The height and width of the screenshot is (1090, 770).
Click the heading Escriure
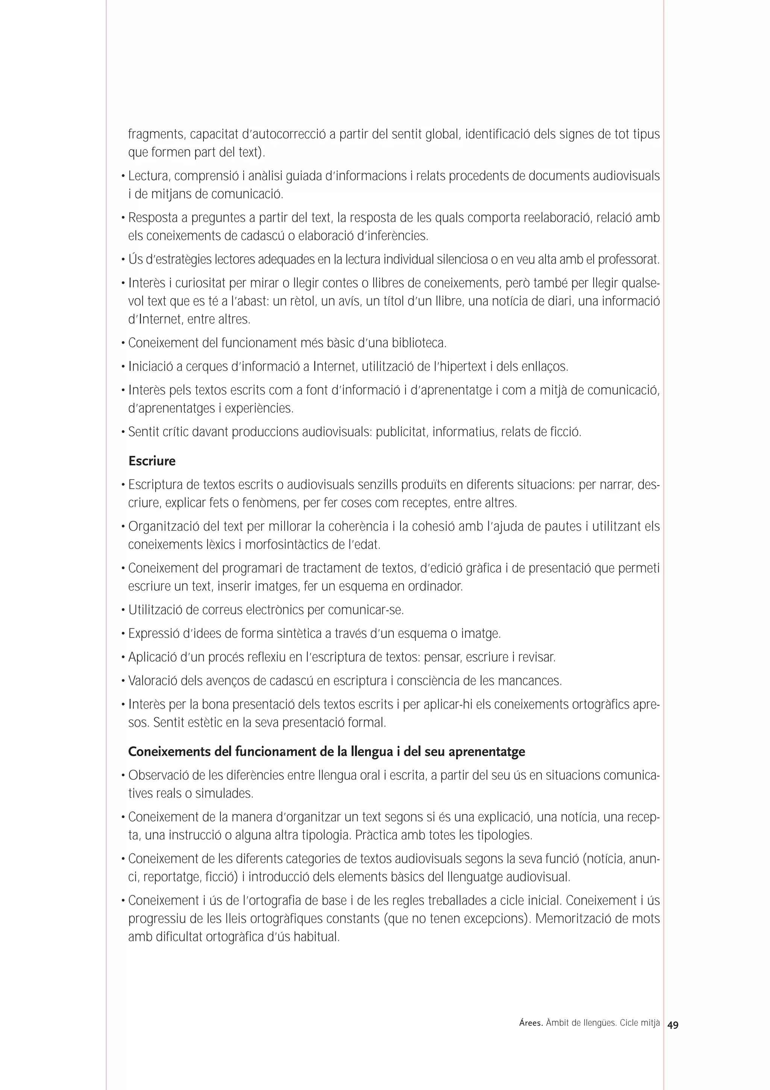(152, 461)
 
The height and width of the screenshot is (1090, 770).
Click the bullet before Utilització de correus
(123, 610)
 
